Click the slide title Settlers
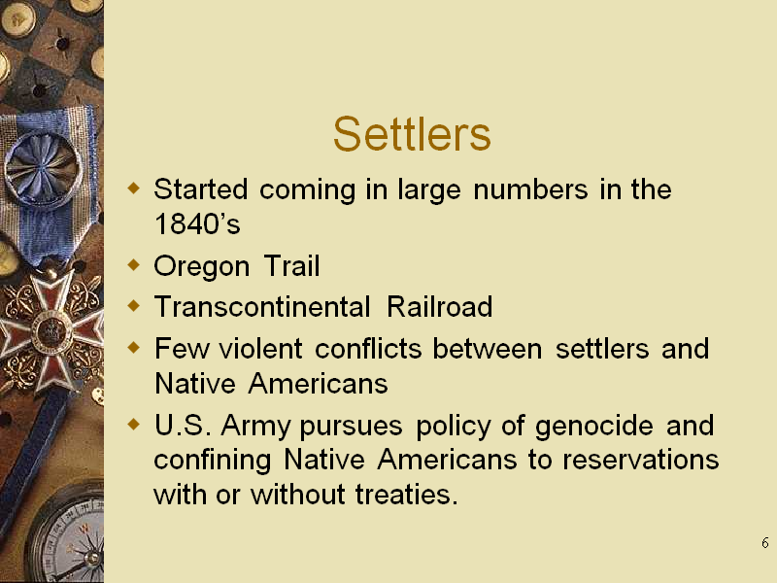[x=412, y=134]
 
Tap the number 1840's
[x=197, y=223]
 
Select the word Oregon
[x=202, y=267]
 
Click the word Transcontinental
[x=262, y=306]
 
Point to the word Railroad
[x=440, y=306]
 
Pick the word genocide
[x=594, y=427]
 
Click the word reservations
[x=641, y=460]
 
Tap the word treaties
[x=406, y=495]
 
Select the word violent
[x=260, y=348]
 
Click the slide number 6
[x=765, y=543]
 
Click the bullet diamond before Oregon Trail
[x=134, y=264]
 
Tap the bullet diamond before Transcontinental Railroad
[x=134, y=305]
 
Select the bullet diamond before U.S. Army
[x=134, y=425]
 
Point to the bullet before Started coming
[x=134, y=189]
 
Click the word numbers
[x=530, y=189]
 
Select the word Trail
[x=292, y=265]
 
